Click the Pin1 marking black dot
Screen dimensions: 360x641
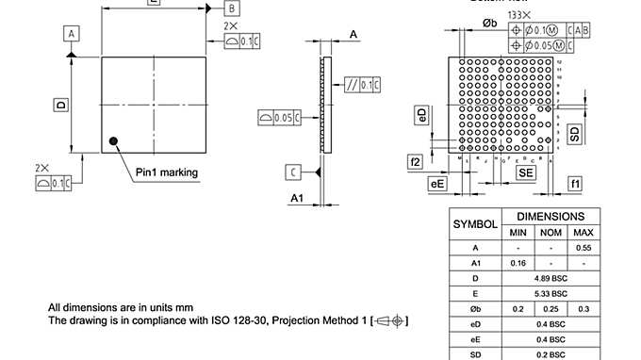click(x=114, y=141)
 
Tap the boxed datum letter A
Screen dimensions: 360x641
click(x=71, y=33)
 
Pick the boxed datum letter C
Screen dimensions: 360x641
click(x=294, y=172)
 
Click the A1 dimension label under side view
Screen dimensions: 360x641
click(x=296, y=198)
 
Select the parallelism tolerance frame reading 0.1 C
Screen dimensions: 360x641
click(x=363, y=86)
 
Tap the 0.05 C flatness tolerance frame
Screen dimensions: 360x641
click(x=279, y=117)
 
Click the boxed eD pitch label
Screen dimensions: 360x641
click(x=421, y=116)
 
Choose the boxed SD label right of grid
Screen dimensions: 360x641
click(x=575, y=133)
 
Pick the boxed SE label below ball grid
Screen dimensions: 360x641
click(x=525, y=173)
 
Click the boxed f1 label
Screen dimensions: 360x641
click(x=575, y=182)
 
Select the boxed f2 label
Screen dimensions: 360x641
click(x=415, y=162)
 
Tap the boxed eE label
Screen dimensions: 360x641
click(x=437, y=184)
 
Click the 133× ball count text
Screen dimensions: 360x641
click(x=518, y=16)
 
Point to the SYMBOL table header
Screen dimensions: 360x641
click(x=476, y=224)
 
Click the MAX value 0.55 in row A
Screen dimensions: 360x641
click(x=583, y=247)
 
